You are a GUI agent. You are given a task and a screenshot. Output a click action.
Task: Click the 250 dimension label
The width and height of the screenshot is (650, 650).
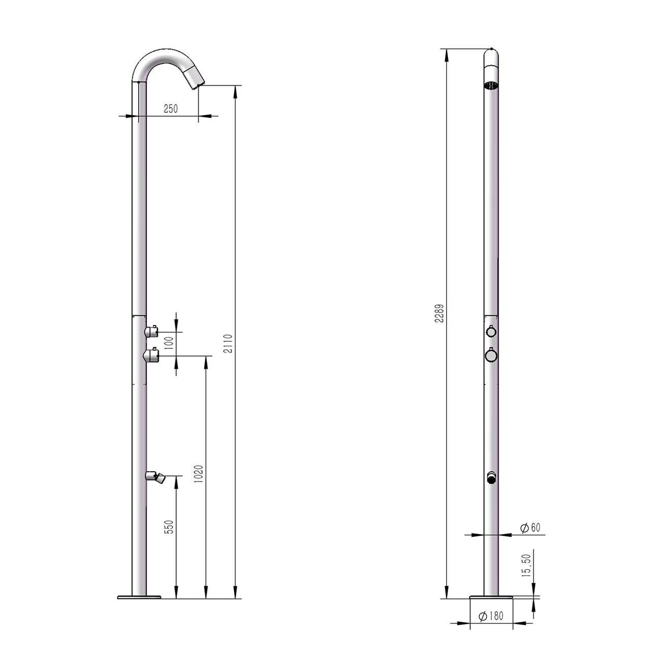point(170,109)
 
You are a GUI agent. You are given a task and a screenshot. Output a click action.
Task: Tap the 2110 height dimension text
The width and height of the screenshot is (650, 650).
point(228,344)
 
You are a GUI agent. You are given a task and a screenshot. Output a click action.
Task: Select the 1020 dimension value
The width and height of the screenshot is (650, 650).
point(199,474)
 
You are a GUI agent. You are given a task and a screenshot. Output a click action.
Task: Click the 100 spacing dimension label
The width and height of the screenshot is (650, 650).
point(170,343)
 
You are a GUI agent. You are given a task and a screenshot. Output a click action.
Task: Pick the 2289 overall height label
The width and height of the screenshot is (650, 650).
point(439,314)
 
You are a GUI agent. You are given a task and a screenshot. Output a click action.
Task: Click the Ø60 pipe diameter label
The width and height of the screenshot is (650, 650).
point(530,528)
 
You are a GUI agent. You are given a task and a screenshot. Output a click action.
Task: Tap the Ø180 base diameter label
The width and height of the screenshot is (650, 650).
point(491,616)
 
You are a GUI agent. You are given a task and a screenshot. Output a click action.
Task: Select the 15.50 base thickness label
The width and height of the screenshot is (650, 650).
point(526,565)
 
